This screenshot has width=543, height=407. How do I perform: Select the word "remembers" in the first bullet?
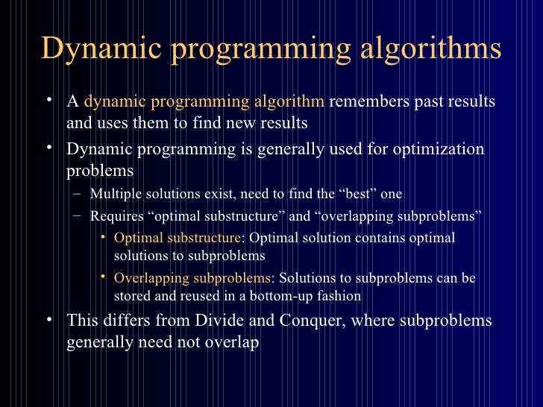(362, 101)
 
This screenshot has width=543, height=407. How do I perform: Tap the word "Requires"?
(114, 217)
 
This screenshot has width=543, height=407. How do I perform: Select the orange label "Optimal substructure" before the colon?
(176, 239)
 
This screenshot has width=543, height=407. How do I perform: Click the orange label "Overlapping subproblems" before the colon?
(192, 279)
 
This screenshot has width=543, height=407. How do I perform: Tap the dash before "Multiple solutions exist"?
(78, 195)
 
